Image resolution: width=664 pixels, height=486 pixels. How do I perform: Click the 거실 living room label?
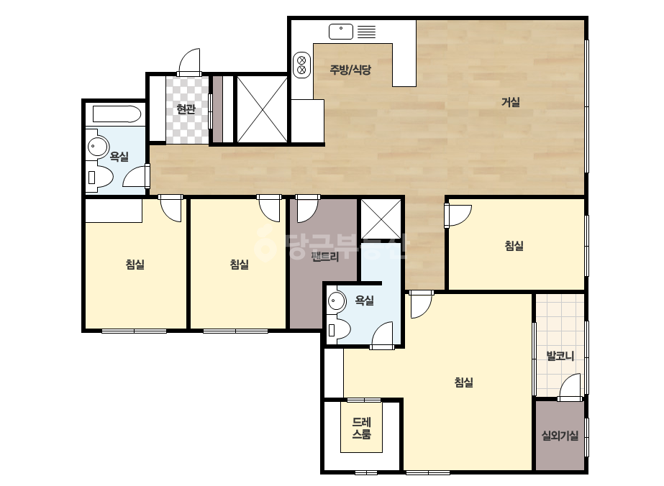point(510,102)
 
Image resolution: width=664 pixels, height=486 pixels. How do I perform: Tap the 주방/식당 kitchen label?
point(350,70)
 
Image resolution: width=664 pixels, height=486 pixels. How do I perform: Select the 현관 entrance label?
point(186,109)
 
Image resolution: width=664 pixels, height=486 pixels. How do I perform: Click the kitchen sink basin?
point(341,32)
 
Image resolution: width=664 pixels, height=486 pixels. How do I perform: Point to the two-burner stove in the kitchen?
point(302,65)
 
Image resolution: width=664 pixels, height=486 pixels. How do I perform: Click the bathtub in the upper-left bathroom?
point(117,114)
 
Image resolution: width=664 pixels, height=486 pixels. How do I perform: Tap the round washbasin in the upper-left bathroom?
point(99,147)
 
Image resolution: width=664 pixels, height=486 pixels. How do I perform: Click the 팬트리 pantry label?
point(325,257)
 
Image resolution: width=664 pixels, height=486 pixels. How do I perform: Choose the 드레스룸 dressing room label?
point(362,428)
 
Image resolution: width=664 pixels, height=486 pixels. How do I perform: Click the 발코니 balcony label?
point(560,356)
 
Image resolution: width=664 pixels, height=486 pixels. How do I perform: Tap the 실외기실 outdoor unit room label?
point(560,435)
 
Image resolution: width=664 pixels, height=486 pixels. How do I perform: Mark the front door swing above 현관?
point(189,62)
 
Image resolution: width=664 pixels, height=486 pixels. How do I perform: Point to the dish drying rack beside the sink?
point(366,32)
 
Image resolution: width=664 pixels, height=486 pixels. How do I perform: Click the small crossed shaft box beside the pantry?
point(381,219)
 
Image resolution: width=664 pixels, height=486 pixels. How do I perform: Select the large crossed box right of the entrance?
point(262,109)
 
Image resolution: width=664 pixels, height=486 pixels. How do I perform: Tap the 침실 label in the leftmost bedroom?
point(135,264)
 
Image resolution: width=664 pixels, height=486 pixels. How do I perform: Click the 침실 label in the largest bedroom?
point(464,382)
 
